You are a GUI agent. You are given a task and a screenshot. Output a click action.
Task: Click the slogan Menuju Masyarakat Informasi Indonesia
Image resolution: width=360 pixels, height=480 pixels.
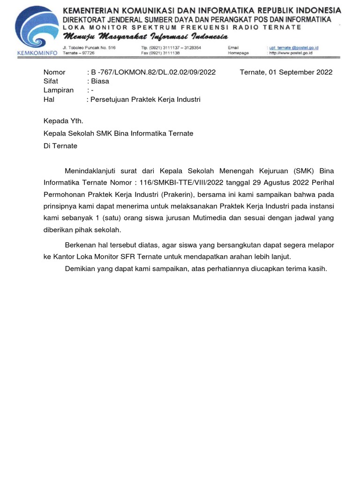point(146,37)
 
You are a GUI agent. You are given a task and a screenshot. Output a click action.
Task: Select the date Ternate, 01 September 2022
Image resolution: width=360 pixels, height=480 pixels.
point(286,72)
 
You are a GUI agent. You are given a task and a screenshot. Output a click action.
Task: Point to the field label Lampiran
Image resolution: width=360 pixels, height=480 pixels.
point(59,90)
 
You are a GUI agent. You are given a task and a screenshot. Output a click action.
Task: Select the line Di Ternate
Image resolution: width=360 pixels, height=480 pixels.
point(60,146)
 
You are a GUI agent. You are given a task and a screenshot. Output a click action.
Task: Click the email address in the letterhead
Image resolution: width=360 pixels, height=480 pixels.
point(293,48)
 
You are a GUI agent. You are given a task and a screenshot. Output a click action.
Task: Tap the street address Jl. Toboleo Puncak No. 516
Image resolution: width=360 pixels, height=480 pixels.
point(89,48)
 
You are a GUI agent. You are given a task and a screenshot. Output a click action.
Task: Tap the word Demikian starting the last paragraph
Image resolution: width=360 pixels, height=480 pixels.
point(81,269)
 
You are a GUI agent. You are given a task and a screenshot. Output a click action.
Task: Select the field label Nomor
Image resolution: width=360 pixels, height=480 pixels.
point(54,72)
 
